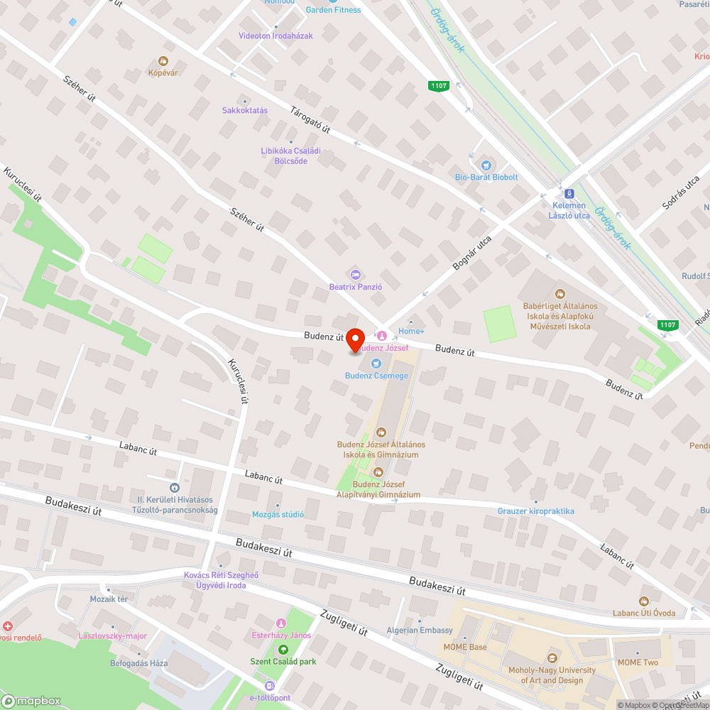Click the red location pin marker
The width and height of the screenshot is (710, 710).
(355, 339)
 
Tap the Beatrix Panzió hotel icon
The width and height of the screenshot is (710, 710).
(356, 274)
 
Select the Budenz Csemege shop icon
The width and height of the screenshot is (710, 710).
(376, 364)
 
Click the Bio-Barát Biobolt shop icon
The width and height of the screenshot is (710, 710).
(486, 165)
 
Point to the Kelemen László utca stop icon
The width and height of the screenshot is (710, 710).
(568, 193)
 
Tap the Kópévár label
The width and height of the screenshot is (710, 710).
(163, 72)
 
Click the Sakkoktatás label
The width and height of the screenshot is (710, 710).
(245, 111)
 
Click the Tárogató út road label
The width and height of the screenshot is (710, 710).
(311, 119)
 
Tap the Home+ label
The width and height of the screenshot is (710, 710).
(411, 332)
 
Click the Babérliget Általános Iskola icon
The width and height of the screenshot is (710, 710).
(559, 293)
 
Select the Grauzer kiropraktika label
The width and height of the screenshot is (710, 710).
(536, 511)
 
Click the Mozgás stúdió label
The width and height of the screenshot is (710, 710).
(278, 515)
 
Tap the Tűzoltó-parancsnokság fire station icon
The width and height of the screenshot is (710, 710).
(175, 488)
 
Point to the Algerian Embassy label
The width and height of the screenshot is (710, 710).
(420, 630)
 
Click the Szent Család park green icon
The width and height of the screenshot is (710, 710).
(283, 649)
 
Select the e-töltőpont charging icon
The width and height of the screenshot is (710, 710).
(269, 686)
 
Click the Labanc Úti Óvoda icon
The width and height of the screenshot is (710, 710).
(644, 601)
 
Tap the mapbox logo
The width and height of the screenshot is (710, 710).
(33, 701)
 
